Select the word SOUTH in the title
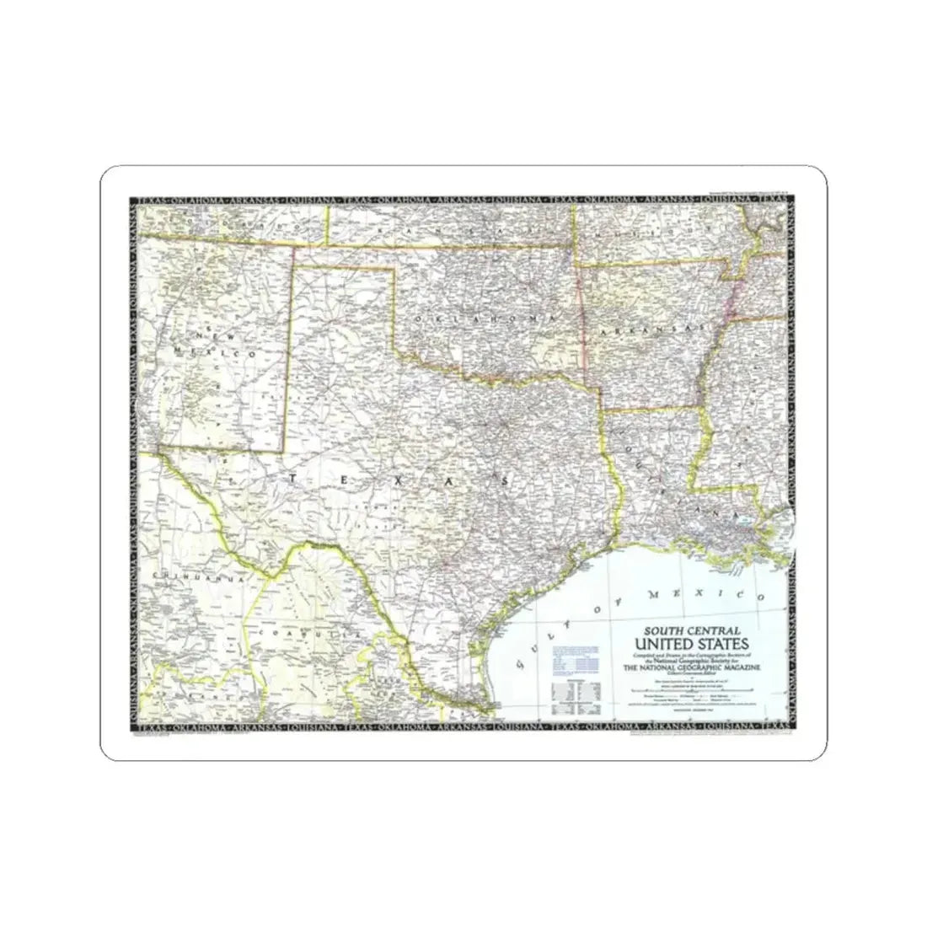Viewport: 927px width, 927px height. [x=666, y=630]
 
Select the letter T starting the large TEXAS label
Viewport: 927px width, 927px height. [x=292, y=479]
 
